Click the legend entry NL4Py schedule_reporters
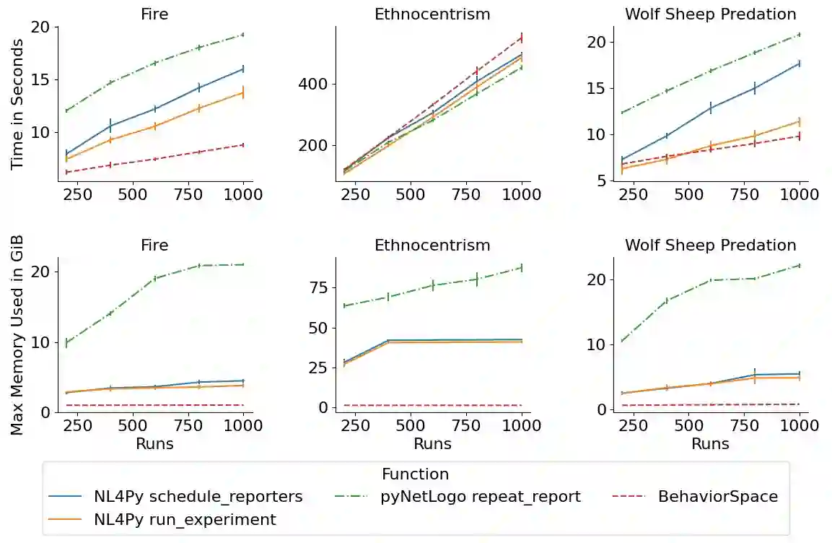tap(198, 497)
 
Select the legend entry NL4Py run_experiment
tap(185, 519)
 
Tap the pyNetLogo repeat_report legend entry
tap(481, 497)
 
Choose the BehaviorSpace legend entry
tap(718, 497)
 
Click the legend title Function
tap(415, 474)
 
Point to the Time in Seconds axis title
tap(18, 104)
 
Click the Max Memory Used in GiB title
tap(18, 335)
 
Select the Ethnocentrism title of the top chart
tap(432, 14)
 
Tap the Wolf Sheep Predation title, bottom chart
tap(710, 246)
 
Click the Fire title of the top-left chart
tap(154, 14)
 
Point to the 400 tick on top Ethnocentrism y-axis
tap(314, 84)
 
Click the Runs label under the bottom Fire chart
tap(154, 443)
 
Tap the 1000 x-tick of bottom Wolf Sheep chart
tap(799, 427)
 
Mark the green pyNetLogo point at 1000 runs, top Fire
tap(243, 35)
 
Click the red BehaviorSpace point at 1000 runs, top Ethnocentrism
tap(522, 38)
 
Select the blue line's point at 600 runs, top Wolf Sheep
tap(711, 108)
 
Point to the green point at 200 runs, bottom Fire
tap(66, 343)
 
